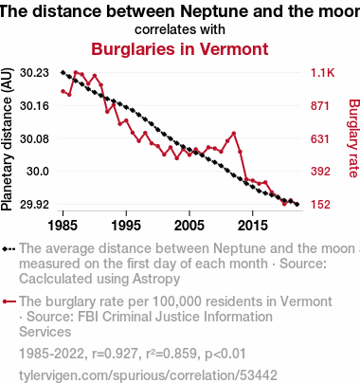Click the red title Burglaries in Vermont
coord(180,49)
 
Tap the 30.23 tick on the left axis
coord(34,73)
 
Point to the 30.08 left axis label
coord(34,138)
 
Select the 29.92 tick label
coord(34,205)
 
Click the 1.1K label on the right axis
coord(322,73)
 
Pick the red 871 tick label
coord(320,105)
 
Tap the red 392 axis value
coord(320,172)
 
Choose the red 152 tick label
coord(320,205)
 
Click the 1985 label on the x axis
coord(63,226)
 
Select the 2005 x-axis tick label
coord(189,226)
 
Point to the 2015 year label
coord(253,226)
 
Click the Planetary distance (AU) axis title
coord(7,139)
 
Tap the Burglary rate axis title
coord(354,138)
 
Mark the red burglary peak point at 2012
coord(234,134)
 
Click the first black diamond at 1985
coord(63,72)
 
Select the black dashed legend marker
coord(9,249)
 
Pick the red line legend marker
coord(9,301)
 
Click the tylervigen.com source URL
coord(148,375)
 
